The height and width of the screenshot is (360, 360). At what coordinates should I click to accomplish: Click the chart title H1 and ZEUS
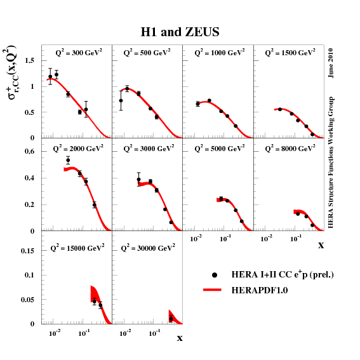(180, 32)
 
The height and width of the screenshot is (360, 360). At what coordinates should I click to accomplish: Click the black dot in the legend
(215, 274)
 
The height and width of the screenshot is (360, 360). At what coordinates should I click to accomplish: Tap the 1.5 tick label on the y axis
(29, 60)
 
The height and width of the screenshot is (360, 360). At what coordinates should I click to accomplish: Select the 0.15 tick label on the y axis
(27, 251)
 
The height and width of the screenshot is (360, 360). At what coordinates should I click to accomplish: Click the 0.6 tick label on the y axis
(29, 151)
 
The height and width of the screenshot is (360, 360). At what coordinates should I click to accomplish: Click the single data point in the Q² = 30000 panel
(171, 319)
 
